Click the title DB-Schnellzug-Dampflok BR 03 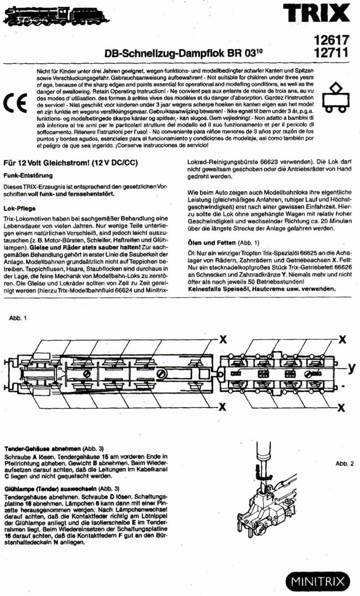point(183,53)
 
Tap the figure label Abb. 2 point(345,464)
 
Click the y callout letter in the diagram point(351,368)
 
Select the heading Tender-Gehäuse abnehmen point(43,449)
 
